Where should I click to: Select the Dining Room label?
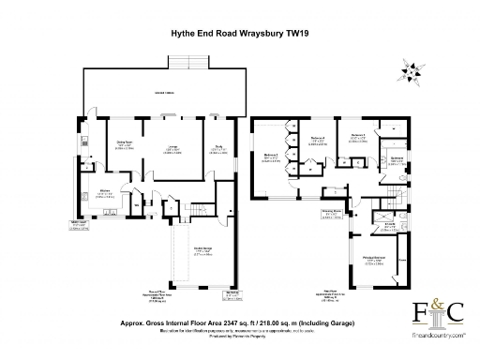click(x=124, y=147)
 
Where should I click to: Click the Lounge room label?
click(x=173, y=151)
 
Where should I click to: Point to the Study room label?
click(x=217, y=150)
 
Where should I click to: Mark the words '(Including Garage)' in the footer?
click(x=333, y=320)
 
